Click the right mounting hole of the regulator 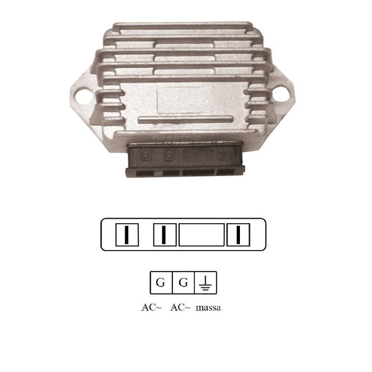(x=281, y=94)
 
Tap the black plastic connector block (x=185, y=159)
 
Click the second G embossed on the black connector (x=169, y=155)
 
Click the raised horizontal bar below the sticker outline (x=185, y=119)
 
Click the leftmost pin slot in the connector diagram (x=127, y=234)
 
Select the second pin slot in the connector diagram (x=165, y=234)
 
